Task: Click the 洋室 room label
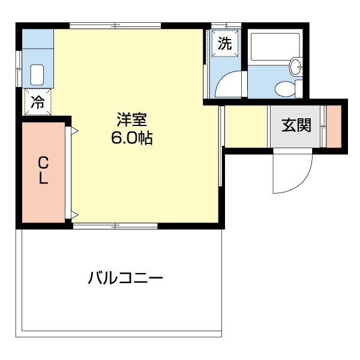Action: (x=131, y=119)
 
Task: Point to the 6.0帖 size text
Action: (x=131, y=138)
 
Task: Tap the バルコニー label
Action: (x=125, y=278)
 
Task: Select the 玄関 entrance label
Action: (x=296, y=125)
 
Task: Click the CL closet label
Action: (x=43, y=171)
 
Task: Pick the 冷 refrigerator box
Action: (x=37, y=102)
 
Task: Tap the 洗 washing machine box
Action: (x=224, y=43)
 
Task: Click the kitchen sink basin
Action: (x=37, y=74)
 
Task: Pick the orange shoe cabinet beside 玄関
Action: (x=334, y=126)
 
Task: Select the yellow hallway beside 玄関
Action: (x=246, y=126)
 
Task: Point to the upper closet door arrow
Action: (x=75, y=130)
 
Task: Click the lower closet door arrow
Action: (x=75, y=214)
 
